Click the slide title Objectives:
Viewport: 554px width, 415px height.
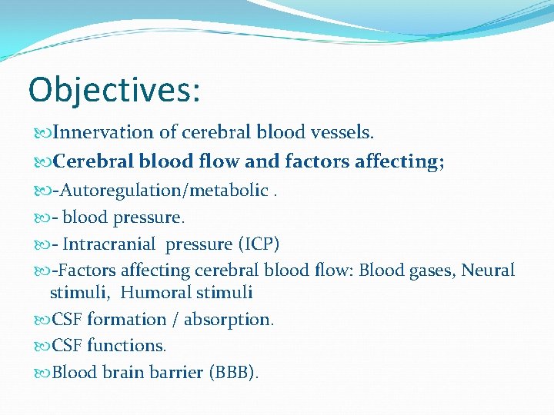point(114,90)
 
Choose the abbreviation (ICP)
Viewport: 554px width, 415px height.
point(258,244)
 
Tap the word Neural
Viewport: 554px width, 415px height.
point(488,271)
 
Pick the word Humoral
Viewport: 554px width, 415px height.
point(157,293)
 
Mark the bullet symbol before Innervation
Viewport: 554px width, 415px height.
point(42,134)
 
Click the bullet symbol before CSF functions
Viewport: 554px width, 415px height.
point(42,347)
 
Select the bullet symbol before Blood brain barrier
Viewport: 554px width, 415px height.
point(42,373)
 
